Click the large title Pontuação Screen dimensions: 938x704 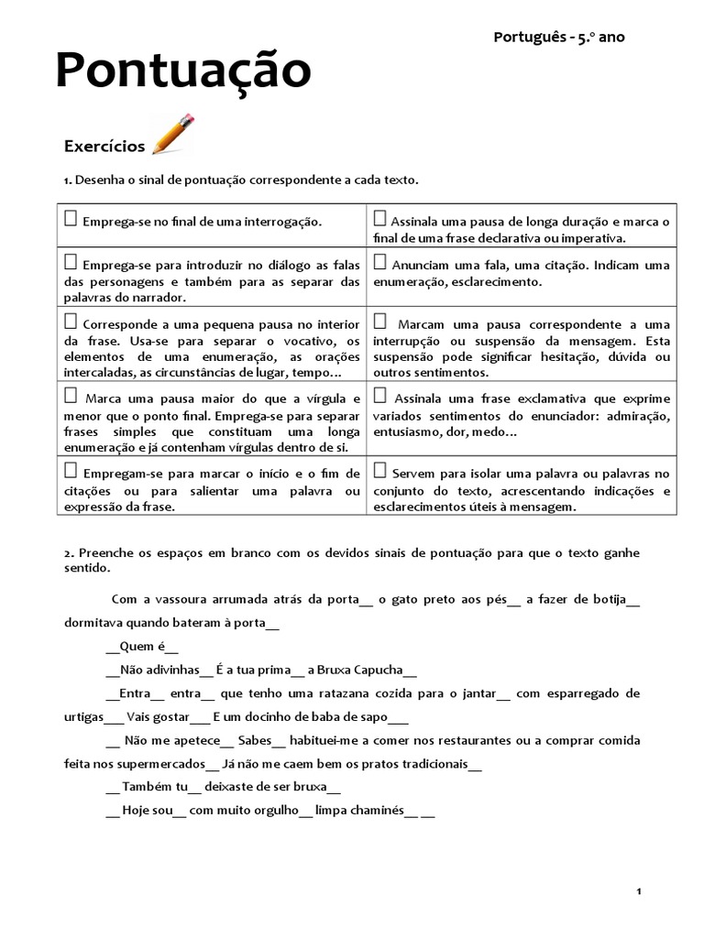[x=183, y=71]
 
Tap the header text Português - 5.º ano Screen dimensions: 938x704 [x=559, y=38]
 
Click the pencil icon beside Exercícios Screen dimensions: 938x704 [x=173, y=135]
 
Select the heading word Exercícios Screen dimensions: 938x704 [x=104, y=147]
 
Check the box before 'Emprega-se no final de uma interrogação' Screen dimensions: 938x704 [x=71, y=219]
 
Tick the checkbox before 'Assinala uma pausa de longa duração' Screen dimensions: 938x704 [x=379, y=219]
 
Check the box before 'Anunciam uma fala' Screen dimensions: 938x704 [x=379, y=263]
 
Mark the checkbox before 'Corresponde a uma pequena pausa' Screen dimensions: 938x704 [x=71, y=322]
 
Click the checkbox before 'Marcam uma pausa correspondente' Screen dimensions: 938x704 [x=379, y=322]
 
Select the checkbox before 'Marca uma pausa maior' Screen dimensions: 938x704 [x=71, y=397]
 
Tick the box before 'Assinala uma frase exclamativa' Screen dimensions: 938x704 [x=379, y=397]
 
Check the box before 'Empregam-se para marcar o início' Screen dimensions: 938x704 [x=71, y=471]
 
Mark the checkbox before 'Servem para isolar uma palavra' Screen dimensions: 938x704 [x=379, y=471]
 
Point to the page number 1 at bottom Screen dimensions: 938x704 [x=638, y=891]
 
